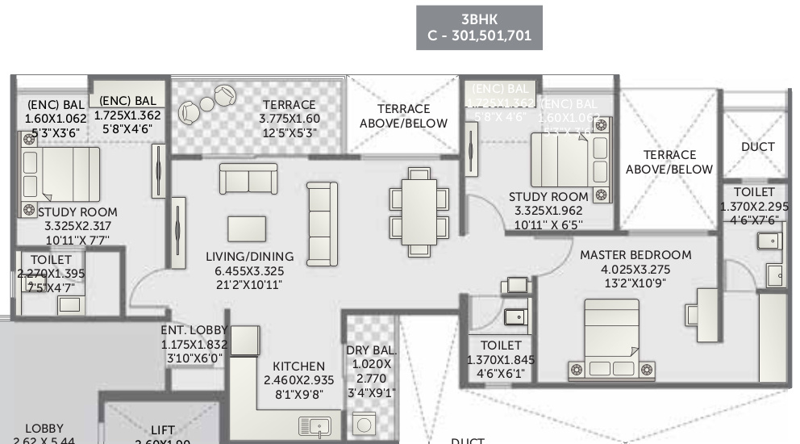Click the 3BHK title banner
click(479, 27)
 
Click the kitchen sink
click(315, 425)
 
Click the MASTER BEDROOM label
click(635, 255)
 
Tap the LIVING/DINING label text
click(250, 257)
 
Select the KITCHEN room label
click(298, 367)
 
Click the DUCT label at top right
click(757, 147)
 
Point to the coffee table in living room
click(247, 228)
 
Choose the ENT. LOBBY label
click(193, 329)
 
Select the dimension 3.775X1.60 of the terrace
click(290, 119)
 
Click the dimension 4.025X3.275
click(635, 270)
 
